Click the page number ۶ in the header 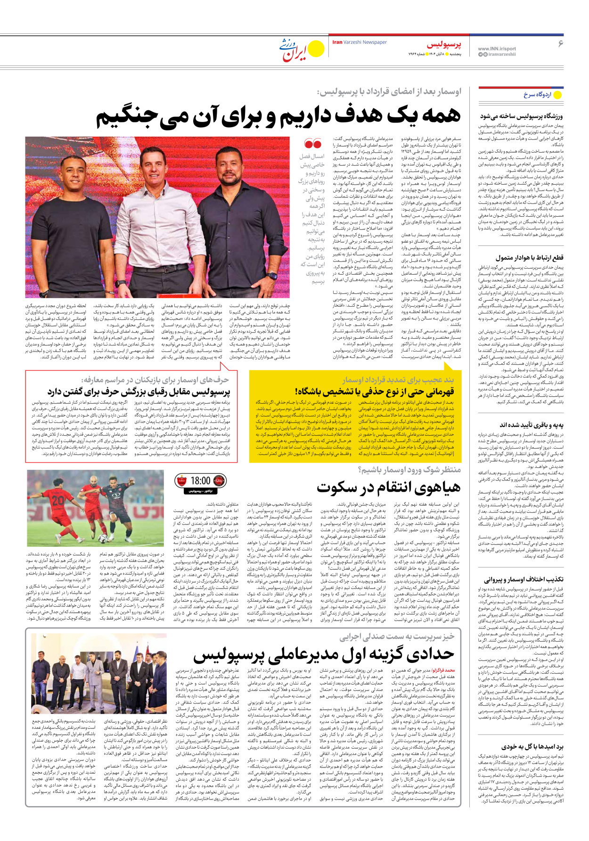560,44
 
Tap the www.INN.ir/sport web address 497,49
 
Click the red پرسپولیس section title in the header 444,44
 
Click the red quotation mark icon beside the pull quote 313,144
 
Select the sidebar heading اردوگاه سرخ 537,95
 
